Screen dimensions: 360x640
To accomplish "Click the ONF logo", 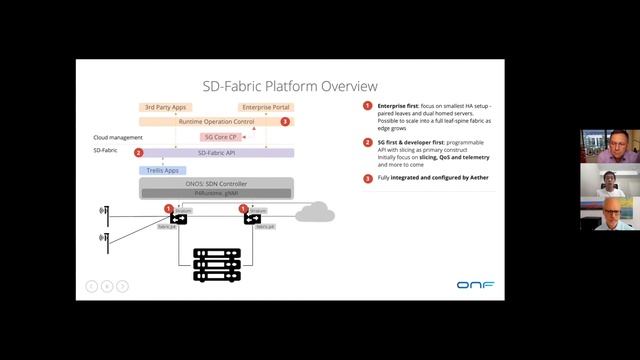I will click(475, 285).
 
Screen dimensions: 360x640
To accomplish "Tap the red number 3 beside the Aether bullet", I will click(367, 178).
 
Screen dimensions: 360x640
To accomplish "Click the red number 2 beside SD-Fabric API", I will click(138, 152).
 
